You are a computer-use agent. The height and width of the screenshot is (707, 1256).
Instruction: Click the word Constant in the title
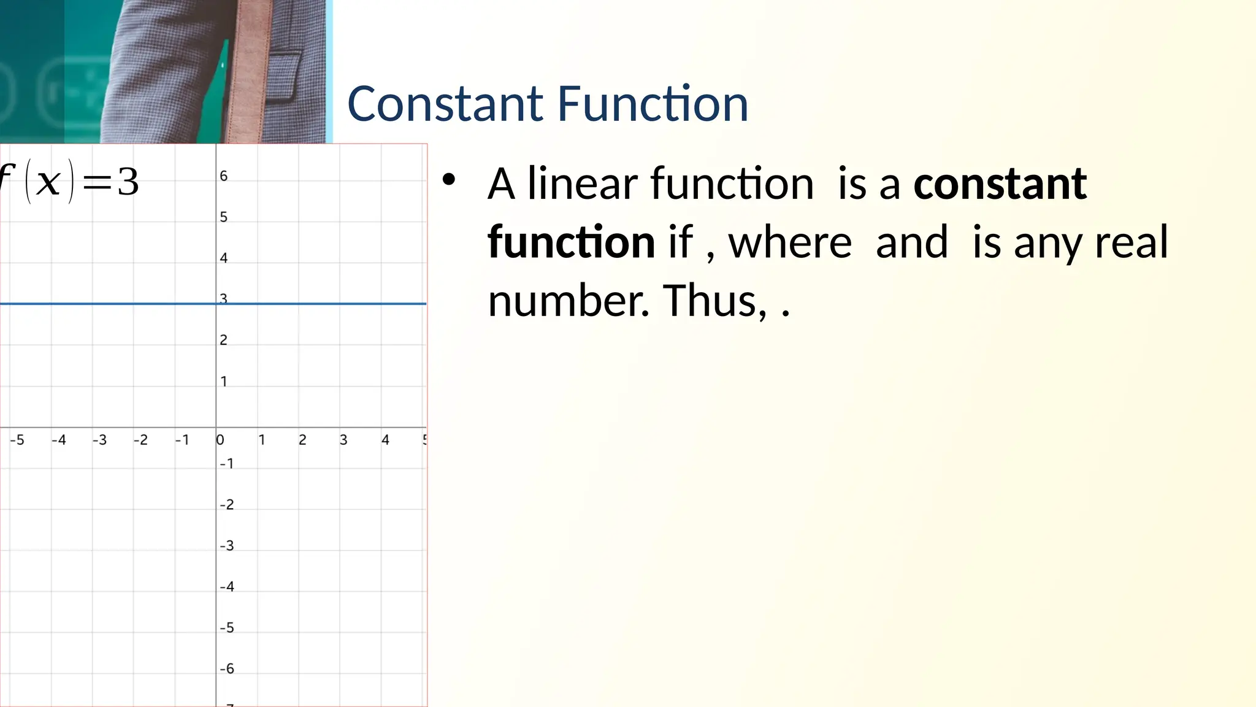(445, 104)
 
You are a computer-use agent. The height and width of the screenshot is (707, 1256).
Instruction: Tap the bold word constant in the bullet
(1000, 184)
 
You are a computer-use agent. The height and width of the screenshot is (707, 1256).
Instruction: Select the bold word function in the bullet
(571, 242)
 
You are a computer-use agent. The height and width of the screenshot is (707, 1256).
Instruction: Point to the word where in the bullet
(790, 242)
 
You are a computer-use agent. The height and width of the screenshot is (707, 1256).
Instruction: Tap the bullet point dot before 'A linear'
(449, 179)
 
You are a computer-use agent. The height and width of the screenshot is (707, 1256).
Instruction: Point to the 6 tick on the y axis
(224, 176)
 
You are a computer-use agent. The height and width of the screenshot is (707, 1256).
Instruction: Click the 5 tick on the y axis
(224, 217)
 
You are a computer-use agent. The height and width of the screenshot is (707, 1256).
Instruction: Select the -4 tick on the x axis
(59, 440)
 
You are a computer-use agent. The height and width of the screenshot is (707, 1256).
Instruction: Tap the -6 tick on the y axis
(227, 668)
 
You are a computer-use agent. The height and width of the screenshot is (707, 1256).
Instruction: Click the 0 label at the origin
(220, 440)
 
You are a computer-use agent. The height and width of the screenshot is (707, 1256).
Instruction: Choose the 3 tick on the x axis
(343, 440)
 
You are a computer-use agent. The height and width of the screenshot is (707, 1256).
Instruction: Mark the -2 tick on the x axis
(140, 440)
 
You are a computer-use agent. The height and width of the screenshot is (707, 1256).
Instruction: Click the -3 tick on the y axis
(227, 546)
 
